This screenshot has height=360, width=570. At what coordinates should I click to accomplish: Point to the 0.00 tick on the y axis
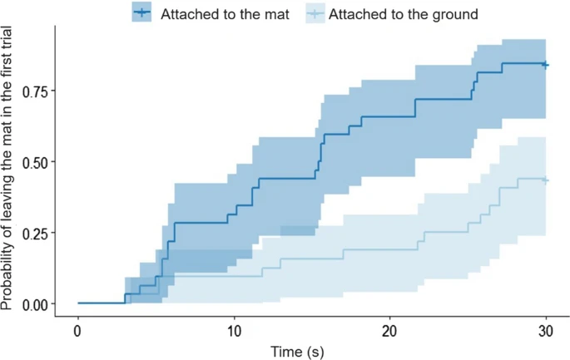pos(38,304)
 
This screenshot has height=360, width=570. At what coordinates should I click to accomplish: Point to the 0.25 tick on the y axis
pos(38,233)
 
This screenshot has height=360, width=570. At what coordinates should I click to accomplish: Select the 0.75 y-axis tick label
pos(38,91)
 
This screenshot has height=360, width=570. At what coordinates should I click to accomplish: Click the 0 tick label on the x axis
pos(77,329)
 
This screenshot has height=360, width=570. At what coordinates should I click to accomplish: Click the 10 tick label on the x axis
pos(234,329)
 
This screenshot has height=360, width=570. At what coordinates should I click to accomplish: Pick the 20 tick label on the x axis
pos(389,329)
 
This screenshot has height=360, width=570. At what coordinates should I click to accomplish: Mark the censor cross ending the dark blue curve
pos(545,64)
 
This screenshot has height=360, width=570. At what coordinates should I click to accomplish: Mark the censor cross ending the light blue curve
pos(545,180)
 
